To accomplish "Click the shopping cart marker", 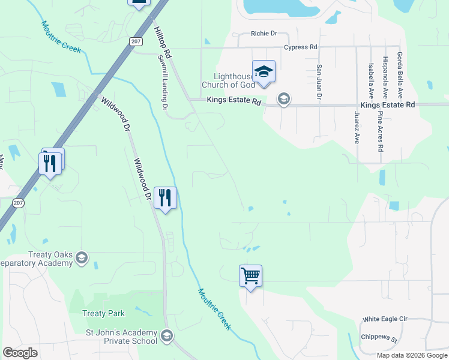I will coord(250,276).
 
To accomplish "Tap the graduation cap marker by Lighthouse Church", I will coord(264,71).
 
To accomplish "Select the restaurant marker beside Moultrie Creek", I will coord(165,197).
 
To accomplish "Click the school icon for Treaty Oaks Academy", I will coord(82,258).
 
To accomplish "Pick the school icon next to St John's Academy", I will coord(167,335).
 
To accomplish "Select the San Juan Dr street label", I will coord(319,82).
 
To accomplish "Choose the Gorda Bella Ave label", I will coord(399,76).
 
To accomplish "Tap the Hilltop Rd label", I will coord(162,43).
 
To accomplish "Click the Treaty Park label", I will coord(104,313).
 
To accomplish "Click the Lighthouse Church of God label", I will coord(228,80).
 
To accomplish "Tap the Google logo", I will coord(20,352).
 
